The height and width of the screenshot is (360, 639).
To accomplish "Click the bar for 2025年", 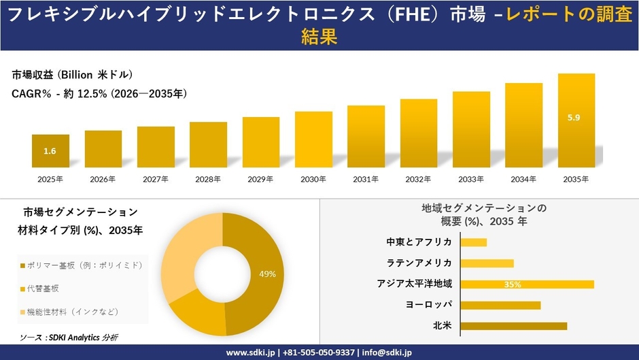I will click(50, 151).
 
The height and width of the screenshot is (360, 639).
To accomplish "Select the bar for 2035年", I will click(576, 120).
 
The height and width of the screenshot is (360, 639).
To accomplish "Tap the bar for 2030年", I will click(313, 140).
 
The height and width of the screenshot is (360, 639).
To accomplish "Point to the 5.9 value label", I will click(574, 118).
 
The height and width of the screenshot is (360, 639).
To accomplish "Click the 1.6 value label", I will click(50, 151).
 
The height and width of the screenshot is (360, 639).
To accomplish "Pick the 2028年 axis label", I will click(208, 179).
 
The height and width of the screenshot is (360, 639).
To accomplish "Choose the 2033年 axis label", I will click(471, 179).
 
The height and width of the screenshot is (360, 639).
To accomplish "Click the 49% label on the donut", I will click(267, 274).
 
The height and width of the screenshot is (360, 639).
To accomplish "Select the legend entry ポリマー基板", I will click(81, 265).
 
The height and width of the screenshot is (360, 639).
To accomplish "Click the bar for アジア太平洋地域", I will click(527, 284).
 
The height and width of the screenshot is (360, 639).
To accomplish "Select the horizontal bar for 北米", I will click(513, 326).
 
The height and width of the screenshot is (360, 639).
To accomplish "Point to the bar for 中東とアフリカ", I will click(474, 242).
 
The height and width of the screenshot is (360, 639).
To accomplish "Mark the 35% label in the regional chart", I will click(513, 284).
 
